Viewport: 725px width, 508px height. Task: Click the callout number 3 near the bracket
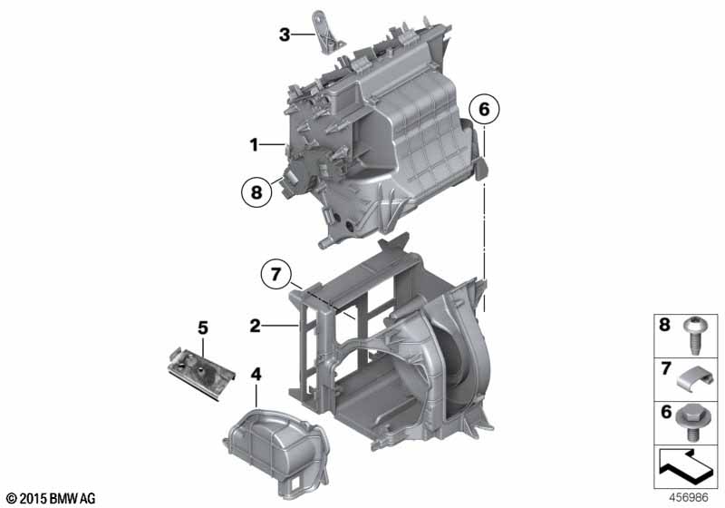[x=285, y=34]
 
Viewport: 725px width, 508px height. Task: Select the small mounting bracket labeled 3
[x=327, y=32]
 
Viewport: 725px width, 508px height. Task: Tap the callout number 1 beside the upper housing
[x=254, y=145]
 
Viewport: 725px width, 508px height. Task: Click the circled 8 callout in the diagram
[x=256, y=191]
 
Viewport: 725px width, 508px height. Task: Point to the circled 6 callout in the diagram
[x=484, y=110]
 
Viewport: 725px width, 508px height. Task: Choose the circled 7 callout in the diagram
[x=276, y=274]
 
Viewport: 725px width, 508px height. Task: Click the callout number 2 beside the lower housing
[x=256, y=327]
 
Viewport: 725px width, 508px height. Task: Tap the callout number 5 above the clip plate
[x=203, y=328]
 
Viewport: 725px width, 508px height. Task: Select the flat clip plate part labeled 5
[x=201, y=375]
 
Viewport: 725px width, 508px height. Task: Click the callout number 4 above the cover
[x=256, y=375]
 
